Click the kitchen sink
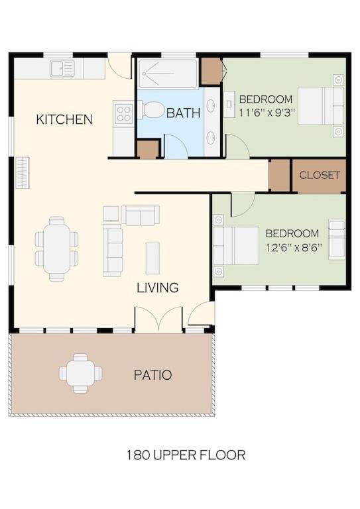(62, 68)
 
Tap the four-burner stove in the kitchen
(124, 112)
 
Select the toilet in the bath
(152, 110)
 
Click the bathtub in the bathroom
(168, 74)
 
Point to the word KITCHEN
(64, 119)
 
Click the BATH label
(183, 113)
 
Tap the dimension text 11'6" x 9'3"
(267, 113)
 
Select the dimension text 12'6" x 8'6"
(294, 249)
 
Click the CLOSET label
(320, 175)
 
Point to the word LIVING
(158, 288)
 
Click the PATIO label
(153, 375)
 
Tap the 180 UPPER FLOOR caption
(186, 455)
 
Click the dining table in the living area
(57, 249)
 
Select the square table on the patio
(80, 373)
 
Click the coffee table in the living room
(152, 258)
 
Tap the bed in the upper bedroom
(321, 105)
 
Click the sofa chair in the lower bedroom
(337, 239)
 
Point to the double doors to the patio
(158, 319)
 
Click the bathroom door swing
(176, 146)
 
